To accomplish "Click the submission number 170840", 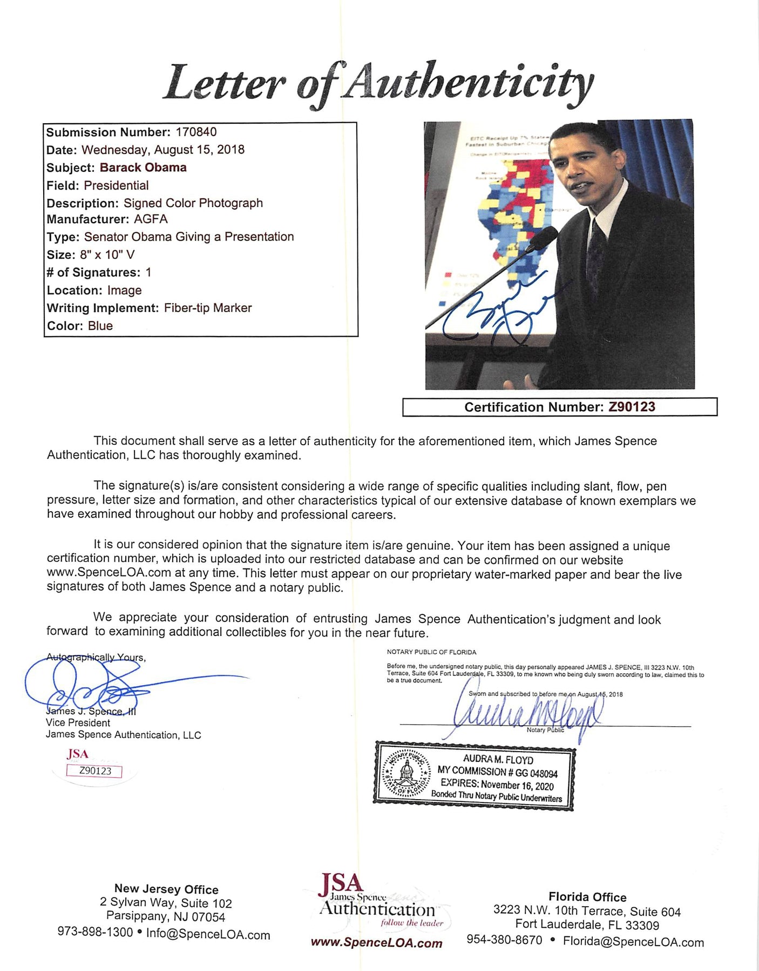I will (x=196, y=132).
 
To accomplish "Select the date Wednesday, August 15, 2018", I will (x=162, y=150).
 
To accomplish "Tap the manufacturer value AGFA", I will (x=151, y=219).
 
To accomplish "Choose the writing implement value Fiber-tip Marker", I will (x=208, y=308).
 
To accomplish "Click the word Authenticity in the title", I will (x=467, y=84).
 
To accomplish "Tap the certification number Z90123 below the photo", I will (x=632, y=407).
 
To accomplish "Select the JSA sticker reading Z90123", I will (x=94, y=771).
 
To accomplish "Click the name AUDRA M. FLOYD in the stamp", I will (x=498, y=759).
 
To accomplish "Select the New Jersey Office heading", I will (x=166, y=889).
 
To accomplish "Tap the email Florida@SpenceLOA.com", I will (x=633, y=942).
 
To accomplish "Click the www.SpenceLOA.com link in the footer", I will (x=376, y=943).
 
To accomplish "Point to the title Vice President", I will (x=78, y=722).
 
